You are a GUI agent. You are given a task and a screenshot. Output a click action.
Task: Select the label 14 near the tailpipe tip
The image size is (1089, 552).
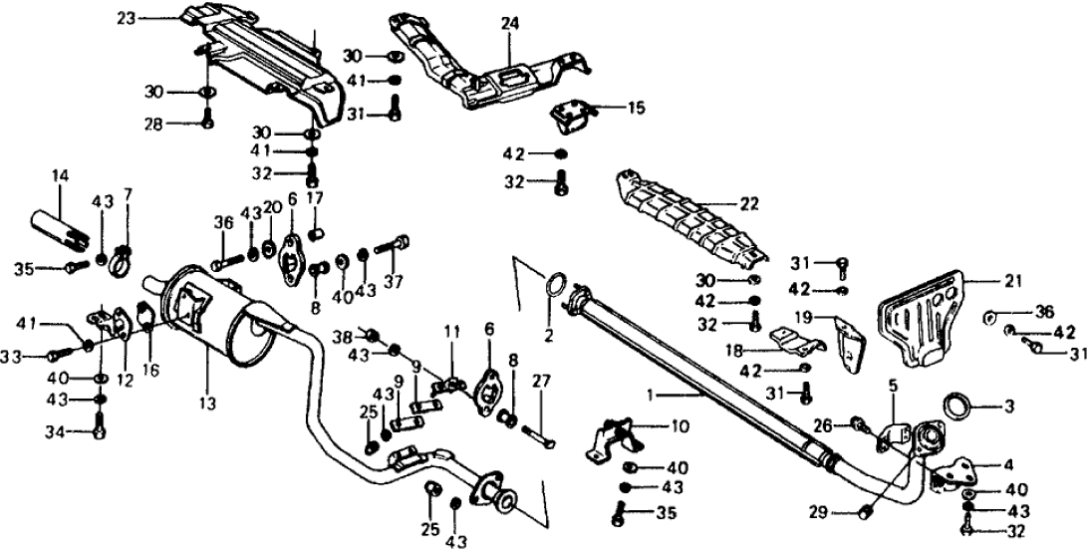tap(62, 176)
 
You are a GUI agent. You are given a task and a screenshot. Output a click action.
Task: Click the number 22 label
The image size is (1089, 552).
tap(748, 204)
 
